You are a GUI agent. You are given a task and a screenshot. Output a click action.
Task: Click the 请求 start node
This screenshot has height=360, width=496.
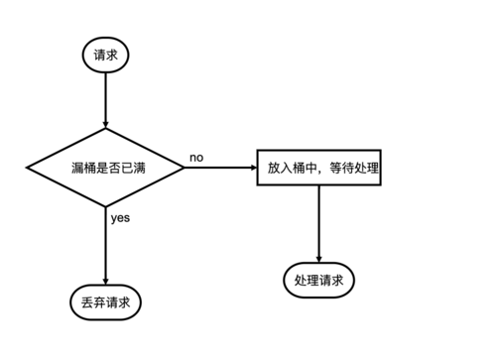point(104,55)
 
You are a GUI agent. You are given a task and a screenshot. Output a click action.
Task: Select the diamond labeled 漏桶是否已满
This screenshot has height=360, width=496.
point(104,168)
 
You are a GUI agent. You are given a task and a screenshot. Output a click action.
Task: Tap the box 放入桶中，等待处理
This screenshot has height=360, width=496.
point(318,168)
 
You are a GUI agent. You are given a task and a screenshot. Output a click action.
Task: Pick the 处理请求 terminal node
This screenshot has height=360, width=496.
point(318,281)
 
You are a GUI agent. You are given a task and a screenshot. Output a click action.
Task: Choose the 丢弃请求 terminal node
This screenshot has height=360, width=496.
point(104,300)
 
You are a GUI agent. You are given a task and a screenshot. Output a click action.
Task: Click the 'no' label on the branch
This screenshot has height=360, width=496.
point(196,158)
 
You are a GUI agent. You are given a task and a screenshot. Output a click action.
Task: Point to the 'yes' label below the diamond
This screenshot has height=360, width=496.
point(120,217)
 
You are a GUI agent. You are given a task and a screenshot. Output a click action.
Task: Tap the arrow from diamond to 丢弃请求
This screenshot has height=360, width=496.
point(104,243)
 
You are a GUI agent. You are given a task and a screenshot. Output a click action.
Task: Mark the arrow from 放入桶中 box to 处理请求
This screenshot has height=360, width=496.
point(318,223)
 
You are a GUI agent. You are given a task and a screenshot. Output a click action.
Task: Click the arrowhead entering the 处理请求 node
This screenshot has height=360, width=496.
point(318,258)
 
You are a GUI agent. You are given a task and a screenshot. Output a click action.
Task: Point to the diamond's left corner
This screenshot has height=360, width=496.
point(29,168)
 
